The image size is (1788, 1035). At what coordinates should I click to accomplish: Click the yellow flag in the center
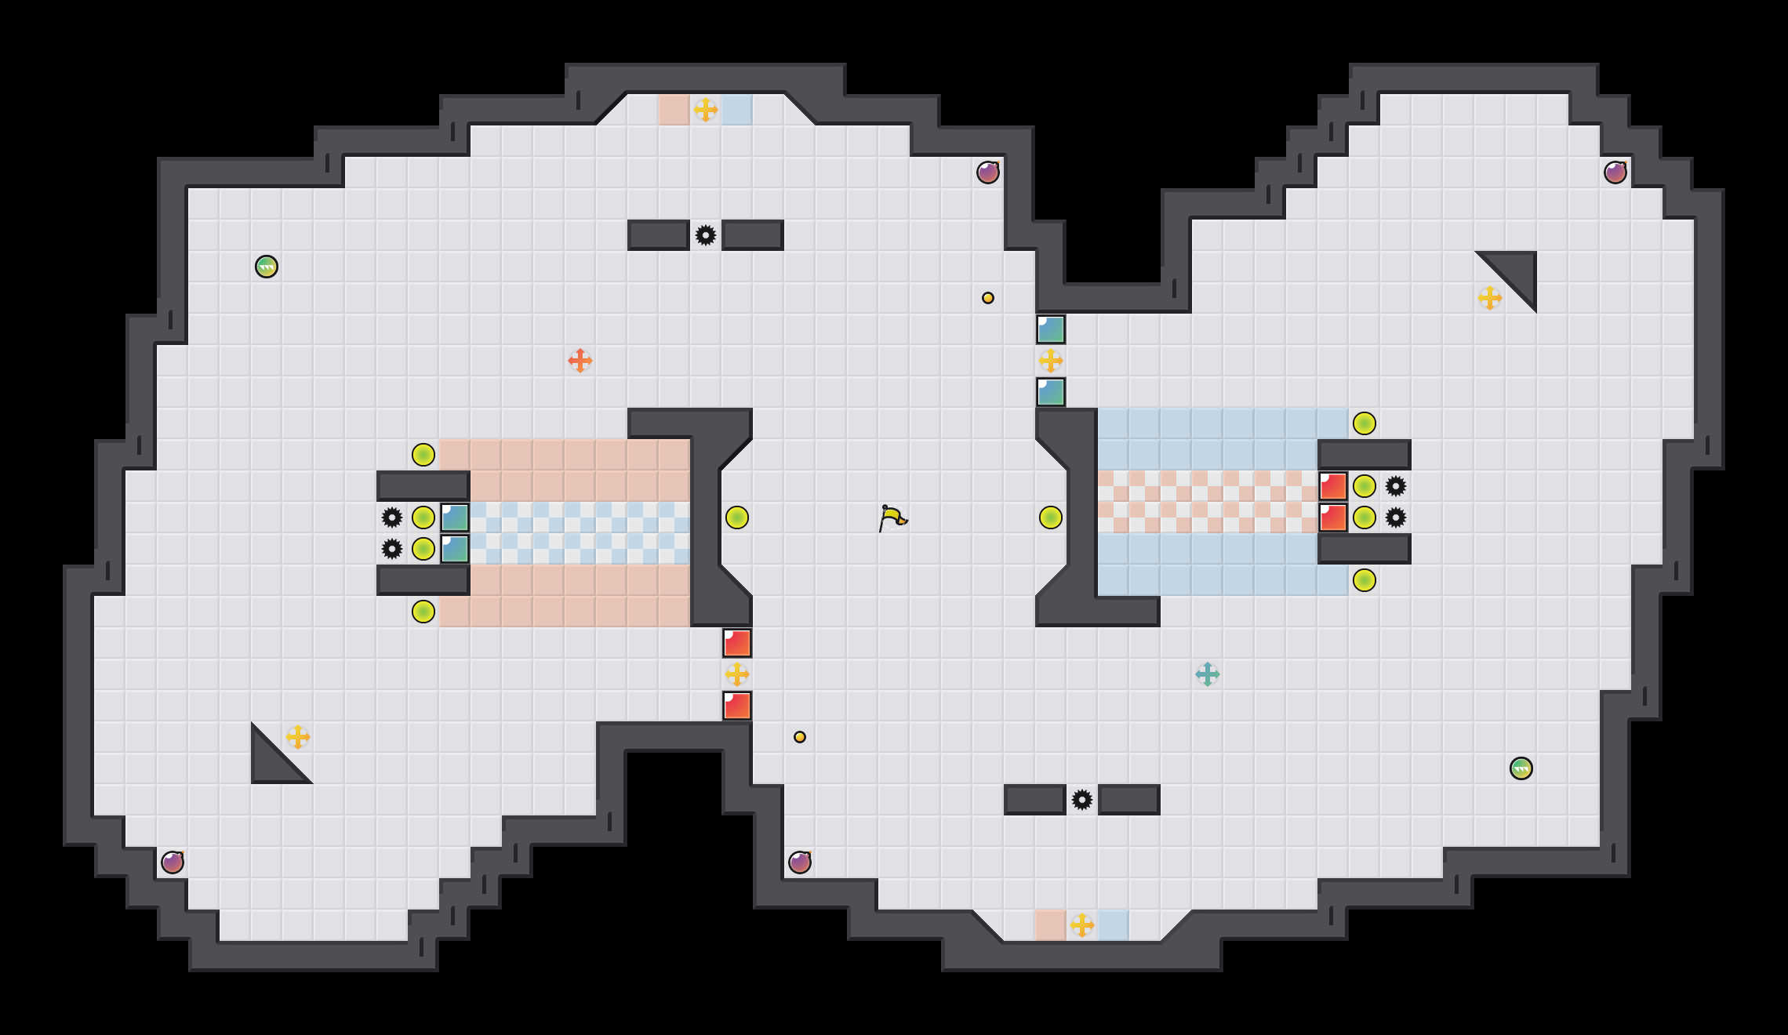click(x=892, y=517)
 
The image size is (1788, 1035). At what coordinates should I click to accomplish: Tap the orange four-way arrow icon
click(x=580, y=361)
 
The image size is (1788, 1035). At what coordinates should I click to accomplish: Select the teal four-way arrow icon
click(x=1208, y=674)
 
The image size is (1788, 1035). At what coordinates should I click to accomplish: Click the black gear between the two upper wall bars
click(x=706, y=235)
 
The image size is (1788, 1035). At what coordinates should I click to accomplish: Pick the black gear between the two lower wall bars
click(x=1082, y=800)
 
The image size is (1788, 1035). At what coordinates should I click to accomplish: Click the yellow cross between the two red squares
click(x=737, y=674)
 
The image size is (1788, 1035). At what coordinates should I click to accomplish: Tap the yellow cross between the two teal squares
click(x=1051, y=361)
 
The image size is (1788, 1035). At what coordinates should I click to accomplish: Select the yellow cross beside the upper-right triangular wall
click(x=1490, y=298)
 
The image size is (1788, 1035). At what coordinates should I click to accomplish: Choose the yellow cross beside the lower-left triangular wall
click(x=298, y=737)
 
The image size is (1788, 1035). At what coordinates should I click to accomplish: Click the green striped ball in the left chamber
click(x=267, y=267)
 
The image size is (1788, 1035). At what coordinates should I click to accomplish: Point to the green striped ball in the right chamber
click(x=1521, y=768)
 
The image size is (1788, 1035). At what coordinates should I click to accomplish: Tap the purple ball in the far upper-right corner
click(x=1615, y=172)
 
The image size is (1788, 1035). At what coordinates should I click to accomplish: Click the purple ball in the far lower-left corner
click(x=173, y=862)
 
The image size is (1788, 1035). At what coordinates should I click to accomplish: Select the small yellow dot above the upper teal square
click(x=988, y=298)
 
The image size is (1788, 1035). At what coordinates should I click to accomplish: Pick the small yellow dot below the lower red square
click(x=800, y=737)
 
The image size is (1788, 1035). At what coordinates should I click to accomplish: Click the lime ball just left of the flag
click(x=737, y=517)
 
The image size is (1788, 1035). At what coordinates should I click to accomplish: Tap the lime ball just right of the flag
click(x=1051, y=517)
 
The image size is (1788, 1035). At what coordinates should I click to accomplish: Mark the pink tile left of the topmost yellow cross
click(x=674, y=110)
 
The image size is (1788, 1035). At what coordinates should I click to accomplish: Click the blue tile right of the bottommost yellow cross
click(x=1114, y=925)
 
